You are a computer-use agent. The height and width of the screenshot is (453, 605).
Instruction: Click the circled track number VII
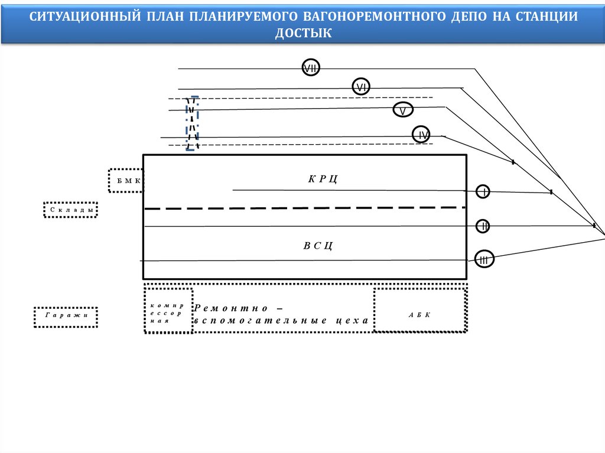click(x=311, y=69)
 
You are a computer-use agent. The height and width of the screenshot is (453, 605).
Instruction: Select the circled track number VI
click(x=361, y=87)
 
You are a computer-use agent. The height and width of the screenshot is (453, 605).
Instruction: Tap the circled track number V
click(x=403, y=110)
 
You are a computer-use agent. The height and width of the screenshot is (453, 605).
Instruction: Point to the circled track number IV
click(x=421, y=135)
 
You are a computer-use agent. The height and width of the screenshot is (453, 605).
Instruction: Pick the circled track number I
click(x=484, y=191)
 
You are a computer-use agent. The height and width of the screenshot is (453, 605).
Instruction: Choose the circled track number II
click(x=484, y=226)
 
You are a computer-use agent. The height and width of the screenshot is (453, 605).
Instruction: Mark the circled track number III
click(x=484, y=259)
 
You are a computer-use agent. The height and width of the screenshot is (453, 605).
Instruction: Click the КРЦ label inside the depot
click(x=323, y=178)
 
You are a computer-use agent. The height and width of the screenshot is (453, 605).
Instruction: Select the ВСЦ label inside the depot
click(x=318, y=245)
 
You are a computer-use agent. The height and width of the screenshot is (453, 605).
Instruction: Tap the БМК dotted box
click(x=126, y=180)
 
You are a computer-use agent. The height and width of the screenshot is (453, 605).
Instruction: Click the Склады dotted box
click(x=70, y=210)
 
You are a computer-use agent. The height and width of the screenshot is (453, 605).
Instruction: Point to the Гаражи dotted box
click(x=66, y=317)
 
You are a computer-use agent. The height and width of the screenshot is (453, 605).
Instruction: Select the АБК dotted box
click(x=420, y=315)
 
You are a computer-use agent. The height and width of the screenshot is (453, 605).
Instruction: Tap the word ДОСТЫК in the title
click(x=303, y=34)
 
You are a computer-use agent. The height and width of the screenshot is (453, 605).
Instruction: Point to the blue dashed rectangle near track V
click(x=192, y=123)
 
